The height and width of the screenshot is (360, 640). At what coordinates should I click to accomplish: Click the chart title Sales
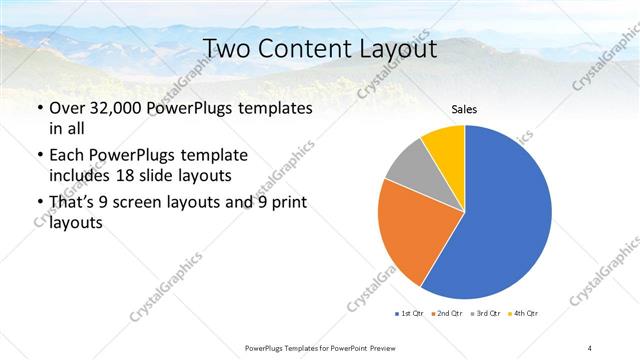click(x=464, y=108)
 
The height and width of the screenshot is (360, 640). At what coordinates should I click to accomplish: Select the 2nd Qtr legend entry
click(x=445, y=314)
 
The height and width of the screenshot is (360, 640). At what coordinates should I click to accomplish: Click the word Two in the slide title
click(x=226, y=49)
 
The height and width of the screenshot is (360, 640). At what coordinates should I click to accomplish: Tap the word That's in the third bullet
click(x=76, y=203)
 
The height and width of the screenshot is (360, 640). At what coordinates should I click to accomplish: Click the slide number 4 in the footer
click(x=590, y=347)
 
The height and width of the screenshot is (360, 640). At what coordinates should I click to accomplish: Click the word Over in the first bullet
click(x=69, y=108)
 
